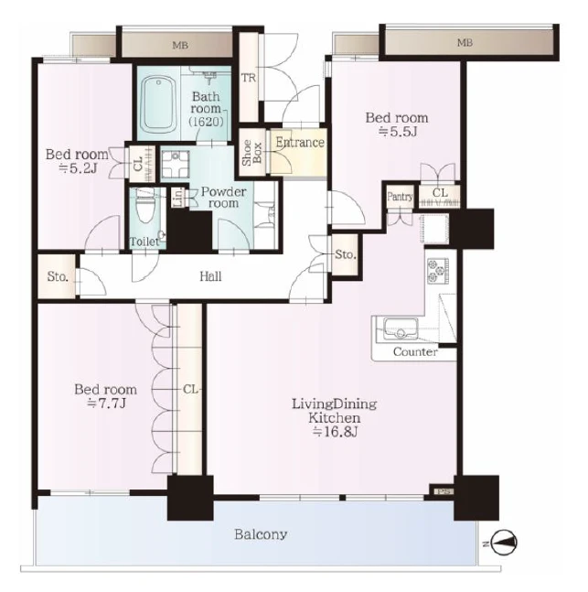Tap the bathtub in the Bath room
point(158,104)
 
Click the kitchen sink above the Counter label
point(401,328)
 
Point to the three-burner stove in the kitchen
point(438,271)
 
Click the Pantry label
point(400,197)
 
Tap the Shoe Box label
point(252,153)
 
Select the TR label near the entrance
point(249,78)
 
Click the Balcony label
point(261,534)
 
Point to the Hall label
point(210,276)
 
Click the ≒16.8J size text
point(335,432)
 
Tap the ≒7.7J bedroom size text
point(106,404)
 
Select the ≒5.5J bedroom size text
point(398,132)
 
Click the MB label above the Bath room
point(180,46)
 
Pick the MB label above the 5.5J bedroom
point(465,43)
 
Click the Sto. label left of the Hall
point(58,276)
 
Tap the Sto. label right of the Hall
point(346,255)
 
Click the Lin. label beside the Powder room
point(179,197)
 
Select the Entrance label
point(300,143)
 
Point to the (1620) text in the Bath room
point(206,121)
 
